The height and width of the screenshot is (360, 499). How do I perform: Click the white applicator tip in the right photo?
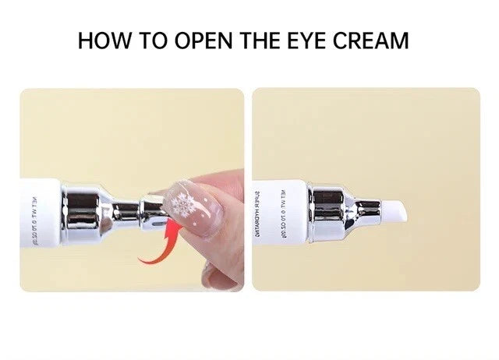pos(394,210)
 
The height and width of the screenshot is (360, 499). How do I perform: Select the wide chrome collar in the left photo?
pos(80,209)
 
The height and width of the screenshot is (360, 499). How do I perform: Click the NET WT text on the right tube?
pos(283,210)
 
